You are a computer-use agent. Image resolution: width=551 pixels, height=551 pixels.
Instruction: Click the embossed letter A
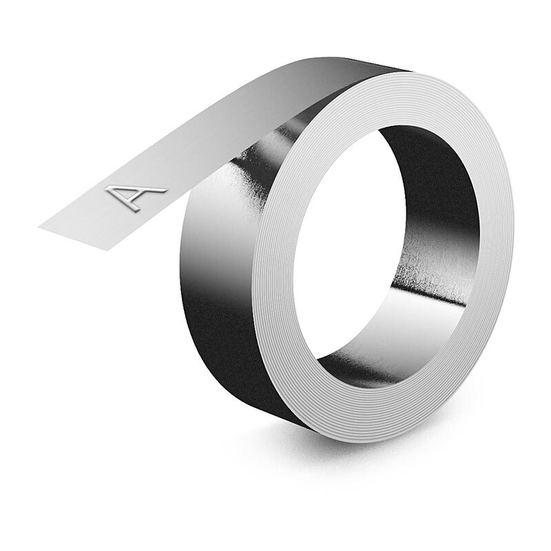point(135,194)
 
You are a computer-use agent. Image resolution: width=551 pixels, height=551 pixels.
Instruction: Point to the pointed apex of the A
point(163,188)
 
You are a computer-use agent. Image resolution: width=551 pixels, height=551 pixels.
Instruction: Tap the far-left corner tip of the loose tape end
point(38,225)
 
